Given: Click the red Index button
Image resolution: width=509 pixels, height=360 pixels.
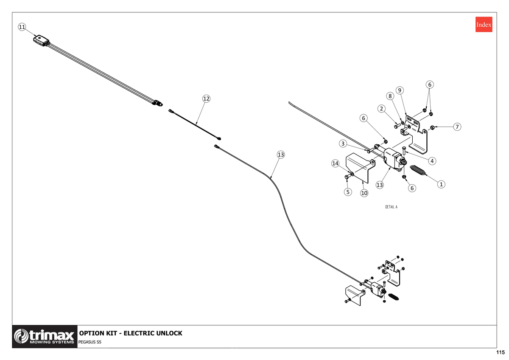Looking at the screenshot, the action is click(x=484, y=24).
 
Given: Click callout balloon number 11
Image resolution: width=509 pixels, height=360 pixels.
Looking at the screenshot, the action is click(x=22, y=27).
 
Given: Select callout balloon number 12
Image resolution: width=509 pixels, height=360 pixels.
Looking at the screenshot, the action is click(x=206, y=98).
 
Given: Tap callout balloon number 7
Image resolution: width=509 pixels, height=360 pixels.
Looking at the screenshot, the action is click(x=457, y=127).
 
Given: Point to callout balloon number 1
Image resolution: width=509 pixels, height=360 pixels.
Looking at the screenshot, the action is click(x=441, y=184).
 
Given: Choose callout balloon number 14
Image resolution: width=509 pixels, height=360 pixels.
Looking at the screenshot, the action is click(x=335, y=163).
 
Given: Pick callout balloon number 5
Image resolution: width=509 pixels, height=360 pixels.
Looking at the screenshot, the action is click(x=348, y=192).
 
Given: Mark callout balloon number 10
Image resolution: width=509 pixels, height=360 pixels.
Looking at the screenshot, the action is click(x=364, y=193).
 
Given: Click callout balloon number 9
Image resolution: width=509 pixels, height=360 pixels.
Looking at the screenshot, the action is click(x=400, y=90).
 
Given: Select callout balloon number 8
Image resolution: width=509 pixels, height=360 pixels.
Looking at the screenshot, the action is click(x=390, y=96).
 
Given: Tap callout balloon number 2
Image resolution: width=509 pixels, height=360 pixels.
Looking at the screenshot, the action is click(x=381, y=109).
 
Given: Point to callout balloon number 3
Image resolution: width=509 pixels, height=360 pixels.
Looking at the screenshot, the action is click(x=343, y=143).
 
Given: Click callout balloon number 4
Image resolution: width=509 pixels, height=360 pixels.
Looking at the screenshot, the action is click(x=432, y=161).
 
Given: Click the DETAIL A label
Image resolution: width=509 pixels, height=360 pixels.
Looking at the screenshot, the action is click(x=391, y=207).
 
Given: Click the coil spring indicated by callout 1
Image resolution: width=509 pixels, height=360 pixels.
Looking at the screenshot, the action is click(x=418, y=170).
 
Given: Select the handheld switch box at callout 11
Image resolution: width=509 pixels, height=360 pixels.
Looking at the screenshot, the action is click(x=41, y=40).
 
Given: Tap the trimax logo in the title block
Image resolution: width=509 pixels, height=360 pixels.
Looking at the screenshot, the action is click(x=45, y=336).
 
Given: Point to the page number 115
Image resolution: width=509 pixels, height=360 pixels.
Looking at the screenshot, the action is click(x=501, y=352).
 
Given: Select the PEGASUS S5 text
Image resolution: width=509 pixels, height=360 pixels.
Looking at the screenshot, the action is click(x=90, y=342).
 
